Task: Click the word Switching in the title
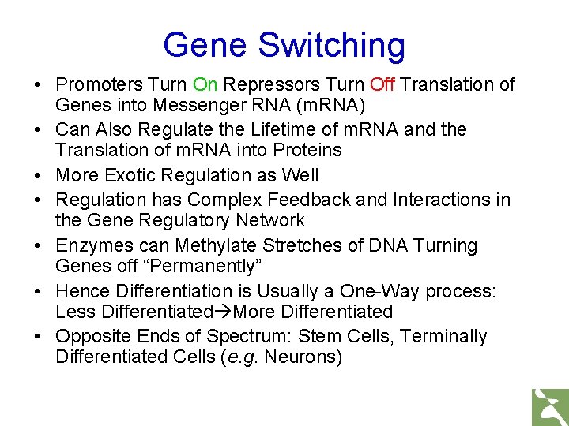pos(332,46)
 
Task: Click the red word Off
pos(382,84)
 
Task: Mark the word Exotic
pos(130,174)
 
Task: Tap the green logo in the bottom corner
pos(549,405)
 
